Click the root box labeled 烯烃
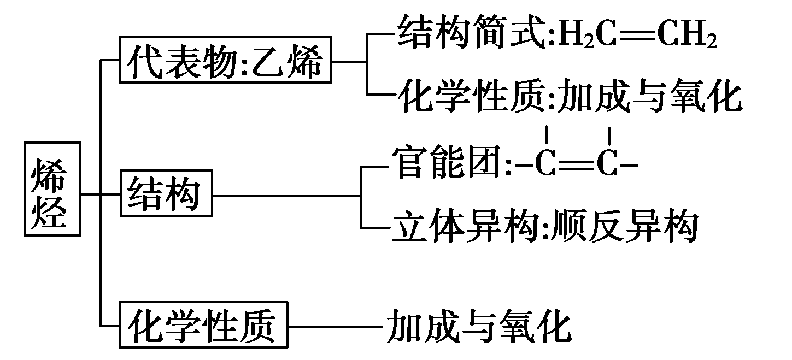click(x=53, y=189)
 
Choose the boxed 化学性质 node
click(x=203, y=326)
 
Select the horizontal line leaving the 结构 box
click(x=284, y=194)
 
